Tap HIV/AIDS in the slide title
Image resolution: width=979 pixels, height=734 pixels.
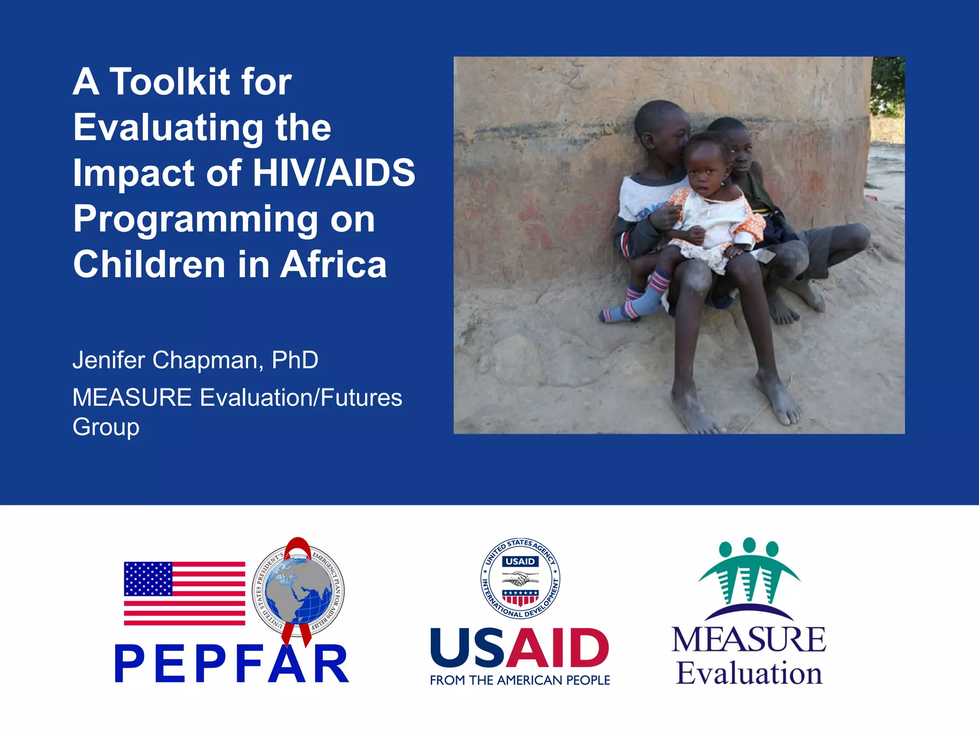click(334, 173)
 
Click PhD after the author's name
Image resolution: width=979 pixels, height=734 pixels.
click(294, 360)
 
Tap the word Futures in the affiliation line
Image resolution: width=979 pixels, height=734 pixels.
click(361, 398)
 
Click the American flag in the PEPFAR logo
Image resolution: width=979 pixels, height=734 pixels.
click(185, 593)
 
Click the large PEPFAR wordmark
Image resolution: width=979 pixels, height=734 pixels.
click(232, 664)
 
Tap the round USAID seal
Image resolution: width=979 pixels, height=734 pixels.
click(520, 578)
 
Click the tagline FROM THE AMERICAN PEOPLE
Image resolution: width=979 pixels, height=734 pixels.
click(520, 680)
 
